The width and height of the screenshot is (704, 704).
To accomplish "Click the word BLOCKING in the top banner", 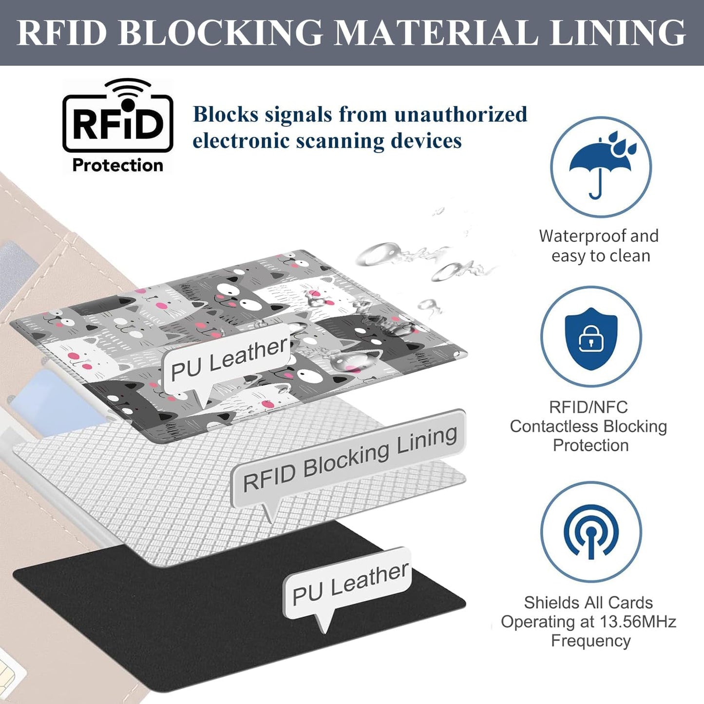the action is (220, 33).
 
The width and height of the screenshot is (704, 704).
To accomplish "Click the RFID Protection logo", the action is (117, 126).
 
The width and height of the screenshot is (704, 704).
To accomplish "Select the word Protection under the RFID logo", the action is (117, 165).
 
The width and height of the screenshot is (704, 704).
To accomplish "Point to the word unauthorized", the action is (461, 114).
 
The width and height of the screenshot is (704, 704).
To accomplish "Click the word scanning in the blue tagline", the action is (341, 141).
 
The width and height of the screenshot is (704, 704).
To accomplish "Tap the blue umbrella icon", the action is (601, 164).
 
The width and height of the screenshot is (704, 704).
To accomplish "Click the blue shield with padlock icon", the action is (591, 339).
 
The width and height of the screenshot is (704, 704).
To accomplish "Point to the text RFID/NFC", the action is (588, 407).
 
